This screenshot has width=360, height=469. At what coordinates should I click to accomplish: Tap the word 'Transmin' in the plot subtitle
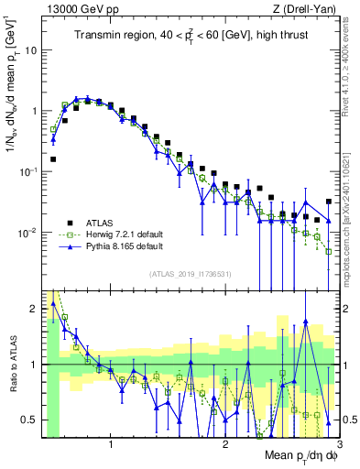pos(100,36)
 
